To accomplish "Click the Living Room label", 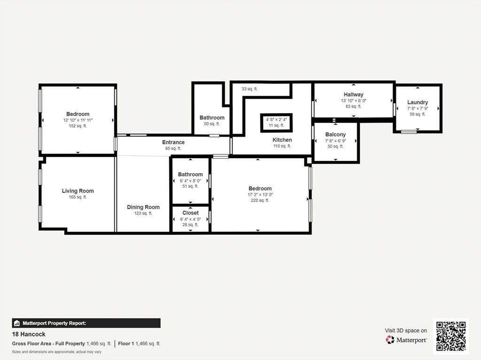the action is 78,191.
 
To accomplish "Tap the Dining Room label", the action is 143,207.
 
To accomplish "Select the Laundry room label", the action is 418,102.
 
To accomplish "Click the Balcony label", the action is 335,134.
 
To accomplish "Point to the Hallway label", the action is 353,94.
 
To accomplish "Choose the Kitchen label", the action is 282,140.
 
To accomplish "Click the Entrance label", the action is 173,142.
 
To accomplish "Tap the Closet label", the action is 191,213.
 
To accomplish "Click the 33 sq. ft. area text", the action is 250,89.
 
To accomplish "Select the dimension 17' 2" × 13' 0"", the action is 260,194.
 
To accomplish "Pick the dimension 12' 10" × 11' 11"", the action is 78,120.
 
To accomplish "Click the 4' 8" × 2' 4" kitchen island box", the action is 276,123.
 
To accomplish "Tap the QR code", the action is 451,336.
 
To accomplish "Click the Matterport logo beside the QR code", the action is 406,340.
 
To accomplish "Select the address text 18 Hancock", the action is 29,334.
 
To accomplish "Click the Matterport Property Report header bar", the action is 86,323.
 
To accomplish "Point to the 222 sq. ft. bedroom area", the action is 260,200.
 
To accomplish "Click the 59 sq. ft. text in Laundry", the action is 418,114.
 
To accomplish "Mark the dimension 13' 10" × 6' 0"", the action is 354,100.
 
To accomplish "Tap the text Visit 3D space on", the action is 406,330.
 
